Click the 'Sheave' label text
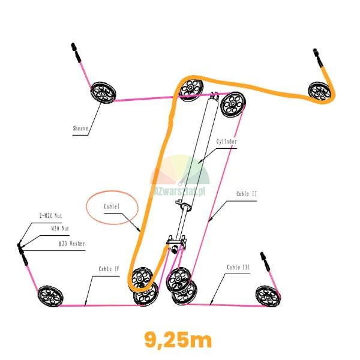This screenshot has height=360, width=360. pos(80,128)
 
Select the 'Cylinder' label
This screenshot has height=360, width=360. pos(227,142)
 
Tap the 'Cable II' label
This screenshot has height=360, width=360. pos(247,194)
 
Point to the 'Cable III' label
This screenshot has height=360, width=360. pos(238,268)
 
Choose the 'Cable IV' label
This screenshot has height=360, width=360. pos(109,269)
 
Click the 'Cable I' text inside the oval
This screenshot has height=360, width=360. pos(112,206)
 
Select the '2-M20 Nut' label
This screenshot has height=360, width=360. pos(51,216)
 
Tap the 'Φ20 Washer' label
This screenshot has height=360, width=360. pos(71,244)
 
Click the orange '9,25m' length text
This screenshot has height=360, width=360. pos(178,340)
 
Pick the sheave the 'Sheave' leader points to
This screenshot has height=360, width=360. pos(103,92)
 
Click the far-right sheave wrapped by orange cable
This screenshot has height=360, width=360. pos(320,92)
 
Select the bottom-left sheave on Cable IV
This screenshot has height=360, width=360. pos(50,296)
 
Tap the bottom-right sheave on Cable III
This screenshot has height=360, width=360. pos(268,296)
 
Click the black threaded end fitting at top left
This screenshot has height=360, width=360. pos(76,53)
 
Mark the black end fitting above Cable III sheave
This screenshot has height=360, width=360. pos(265,261)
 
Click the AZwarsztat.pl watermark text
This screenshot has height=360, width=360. pos(179,192)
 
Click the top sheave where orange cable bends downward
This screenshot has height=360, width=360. pos(191,89)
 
